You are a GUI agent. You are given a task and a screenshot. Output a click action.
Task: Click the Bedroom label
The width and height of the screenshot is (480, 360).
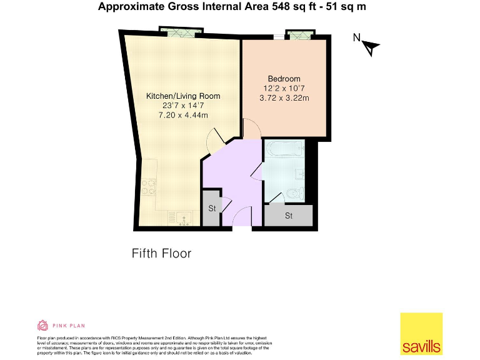pos(284,79)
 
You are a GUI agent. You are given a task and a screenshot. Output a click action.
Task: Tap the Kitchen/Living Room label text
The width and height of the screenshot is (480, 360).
pos(182,96)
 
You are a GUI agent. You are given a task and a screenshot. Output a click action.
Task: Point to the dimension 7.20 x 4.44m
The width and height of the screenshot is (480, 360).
pos(182,116)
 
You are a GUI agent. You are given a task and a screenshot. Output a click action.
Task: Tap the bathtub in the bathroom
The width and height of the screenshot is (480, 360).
pos(284,149)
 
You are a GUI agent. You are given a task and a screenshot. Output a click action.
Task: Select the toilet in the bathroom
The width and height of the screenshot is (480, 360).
pos(294,193)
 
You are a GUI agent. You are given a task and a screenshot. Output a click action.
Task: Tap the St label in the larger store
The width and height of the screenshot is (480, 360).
pos(289,216)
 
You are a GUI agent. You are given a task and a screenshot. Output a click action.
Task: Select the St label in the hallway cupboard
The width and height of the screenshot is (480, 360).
pos(212,209)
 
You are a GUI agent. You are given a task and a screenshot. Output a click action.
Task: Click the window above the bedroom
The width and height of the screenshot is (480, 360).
pos(297,35)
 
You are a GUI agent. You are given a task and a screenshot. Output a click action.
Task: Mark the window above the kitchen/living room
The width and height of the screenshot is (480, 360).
pos(181,31)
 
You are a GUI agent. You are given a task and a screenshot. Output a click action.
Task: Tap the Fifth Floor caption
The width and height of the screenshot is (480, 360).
pos(161,253)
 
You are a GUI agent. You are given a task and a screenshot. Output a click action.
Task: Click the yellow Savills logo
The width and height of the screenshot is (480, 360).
pos(421,333)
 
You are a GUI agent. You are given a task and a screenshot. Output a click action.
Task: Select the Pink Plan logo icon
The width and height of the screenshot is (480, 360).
pos(43,325)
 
